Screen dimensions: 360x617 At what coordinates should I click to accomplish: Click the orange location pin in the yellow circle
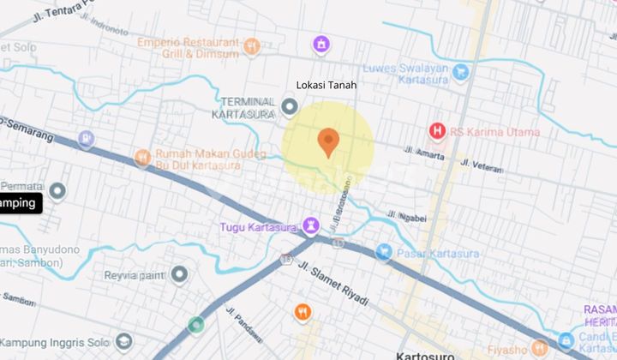coord(328,141)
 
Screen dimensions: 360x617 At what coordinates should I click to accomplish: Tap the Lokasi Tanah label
coord(325,86)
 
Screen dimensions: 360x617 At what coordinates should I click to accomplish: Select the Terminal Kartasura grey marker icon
coord(290,107)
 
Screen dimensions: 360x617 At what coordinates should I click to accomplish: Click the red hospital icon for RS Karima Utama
coord(437,131)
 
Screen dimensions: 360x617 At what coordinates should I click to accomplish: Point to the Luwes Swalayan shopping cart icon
coord(462,70)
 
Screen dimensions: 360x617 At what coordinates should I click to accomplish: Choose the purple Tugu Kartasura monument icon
coord(310,226)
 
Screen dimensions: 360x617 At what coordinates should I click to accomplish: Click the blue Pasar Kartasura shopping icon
coord(384,252)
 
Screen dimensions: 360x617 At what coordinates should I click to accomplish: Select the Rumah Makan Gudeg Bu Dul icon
coord(143,157)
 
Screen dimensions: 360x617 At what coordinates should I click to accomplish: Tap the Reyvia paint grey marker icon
coord(179,274)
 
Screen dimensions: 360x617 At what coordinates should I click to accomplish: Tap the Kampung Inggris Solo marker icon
coord(123,341)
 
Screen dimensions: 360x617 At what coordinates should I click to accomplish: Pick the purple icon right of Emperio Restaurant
coord(320,43)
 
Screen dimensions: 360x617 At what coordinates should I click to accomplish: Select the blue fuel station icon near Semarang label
coord(86,138)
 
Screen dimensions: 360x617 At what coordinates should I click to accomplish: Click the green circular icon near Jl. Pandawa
coord(196,325)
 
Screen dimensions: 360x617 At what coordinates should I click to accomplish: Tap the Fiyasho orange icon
coord(540,347)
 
